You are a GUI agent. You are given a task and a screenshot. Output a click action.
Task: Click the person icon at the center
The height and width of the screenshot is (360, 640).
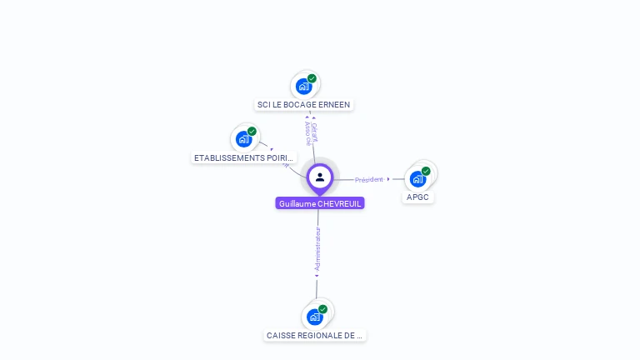pos(320,177)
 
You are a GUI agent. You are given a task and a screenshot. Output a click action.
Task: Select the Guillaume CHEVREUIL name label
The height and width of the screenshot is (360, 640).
pos(320,203)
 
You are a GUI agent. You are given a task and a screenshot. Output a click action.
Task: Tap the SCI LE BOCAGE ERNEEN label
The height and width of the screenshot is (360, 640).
pos(304,105)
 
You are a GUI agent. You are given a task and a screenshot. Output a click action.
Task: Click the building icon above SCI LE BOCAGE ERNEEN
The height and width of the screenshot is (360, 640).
pos(304,86)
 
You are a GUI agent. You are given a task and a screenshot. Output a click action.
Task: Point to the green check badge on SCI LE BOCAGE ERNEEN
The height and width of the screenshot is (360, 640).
pos(312,78)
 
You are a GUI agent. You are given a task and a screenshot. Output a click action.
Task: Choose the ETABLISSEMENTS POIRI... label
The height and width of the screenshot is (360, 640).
pos(243,157)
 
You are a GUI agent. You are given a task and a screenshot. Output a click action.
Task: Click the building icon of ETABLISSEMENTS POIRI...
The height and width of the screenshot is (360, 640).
pos(243,139)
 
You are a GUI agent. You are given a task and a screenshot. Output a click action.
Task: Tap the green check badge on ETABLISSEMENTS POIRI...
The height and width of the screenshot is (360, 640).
pos(252,132)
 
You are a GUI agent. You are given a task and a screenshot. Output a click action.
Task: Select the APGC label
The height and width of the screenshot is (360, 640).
pos(417,197)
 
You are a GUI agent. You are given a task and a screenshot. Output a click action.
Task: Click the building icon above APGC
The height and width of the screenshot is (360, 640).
pos(417,178)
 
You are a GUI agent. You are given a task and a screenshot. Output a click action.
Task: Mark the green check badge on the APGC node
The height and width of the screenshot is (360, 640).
pos(426,171)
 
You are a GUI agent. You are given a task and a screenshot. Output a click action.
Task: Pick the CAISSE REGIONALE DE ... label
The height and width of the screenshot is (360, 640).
pos(315,335)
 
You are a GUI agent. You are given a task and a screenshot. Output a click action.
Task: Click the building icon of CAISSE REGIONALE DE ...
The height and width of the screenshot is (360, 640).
pos(314,317)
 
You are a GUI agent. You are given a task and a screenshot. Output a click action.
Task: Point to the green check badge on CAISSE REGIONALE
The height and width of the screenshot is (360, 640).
pos(322,309)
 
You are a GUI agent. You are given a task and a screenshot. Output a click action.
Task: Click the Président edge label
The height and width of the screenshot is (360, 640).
pos(369,179)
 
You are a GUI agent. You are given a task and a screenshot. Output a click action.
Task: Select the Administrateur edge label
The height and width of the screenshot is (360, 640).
pos(317,248)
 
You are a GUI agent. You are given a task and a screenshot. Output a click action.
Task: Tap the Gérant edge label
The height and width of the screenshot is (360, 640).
pos(314,131)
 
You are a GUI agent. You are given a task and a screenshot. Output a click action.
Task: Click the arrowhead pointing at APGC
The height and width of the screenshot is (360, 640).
pos(389,179)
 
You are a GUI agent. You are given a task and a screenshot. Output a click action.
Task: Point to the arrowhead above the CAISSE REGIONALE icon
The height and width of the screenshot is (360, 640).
pos(317,276)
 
